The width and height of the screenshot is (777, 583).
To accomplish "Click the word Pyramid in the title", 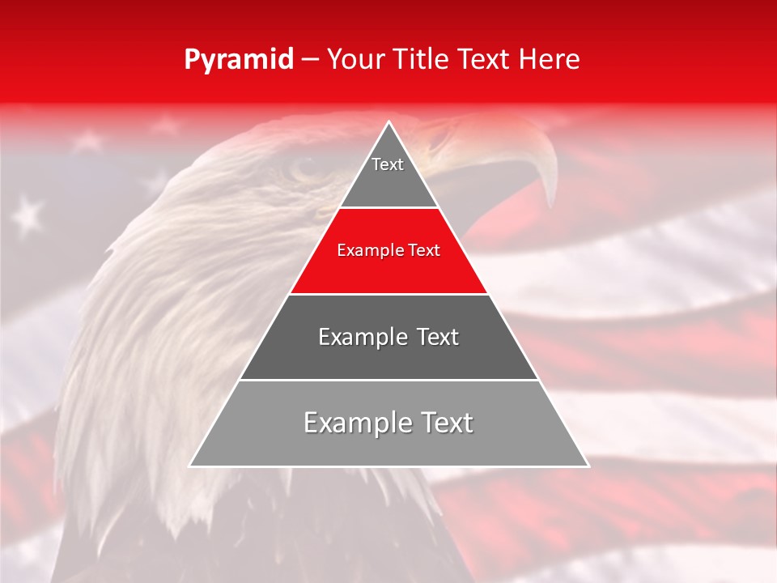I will (238, 60).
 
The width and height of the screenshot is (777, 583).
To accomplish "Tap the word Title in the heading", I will (424, 59).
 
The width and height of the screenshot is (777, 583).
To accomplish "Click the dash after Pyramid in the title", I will (308, 60).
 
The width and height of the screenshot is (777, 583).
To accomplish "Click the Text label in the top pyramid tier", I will (388, 164).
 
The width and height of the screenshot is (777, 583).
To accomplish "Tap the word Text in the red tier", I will (424, 250).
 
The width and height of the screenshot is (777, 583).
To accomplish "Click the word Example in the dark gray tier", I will (362, 337).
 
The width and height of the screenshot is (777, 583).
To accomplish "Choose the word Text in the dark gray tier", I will (438, 337).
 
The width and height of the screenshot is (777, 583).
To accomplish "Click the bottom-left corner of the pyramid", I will (190, 466).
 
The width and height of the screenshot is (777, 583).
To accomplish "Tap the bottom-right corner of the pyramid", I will (588, 466).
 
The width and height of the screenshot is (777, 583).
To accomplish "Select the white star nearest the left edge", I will (28, 214).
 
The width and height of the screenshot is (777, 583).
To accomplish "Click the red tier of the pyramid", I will (388, 271).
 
